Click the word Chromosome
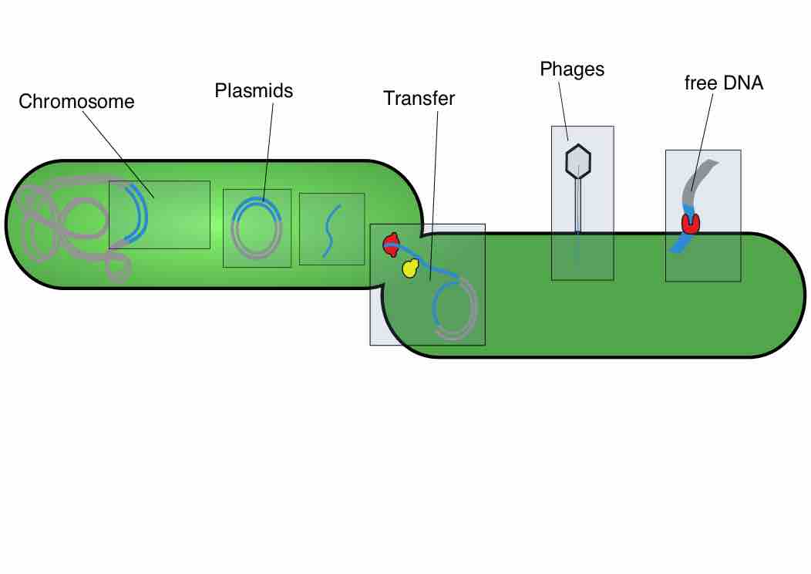tap(76, 102)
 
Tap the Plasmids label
tap(254, 91)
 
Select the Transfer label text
tap(419, 99)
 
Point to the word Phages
tap(572, 69)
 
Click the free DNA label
tap(723, 83)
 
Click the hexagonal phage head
tap(577, 162)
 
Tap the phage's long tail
tap(577, 204)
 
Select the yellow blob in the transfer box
tap(410, 268)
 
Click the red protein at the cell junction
tap(390, 245)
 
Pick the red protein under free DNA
tap(690, 223)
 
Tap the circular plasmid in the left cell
tap(257, 228)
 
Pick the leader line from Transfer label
tap(434, 193)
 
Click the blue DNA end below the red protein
tap(679, 244)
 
